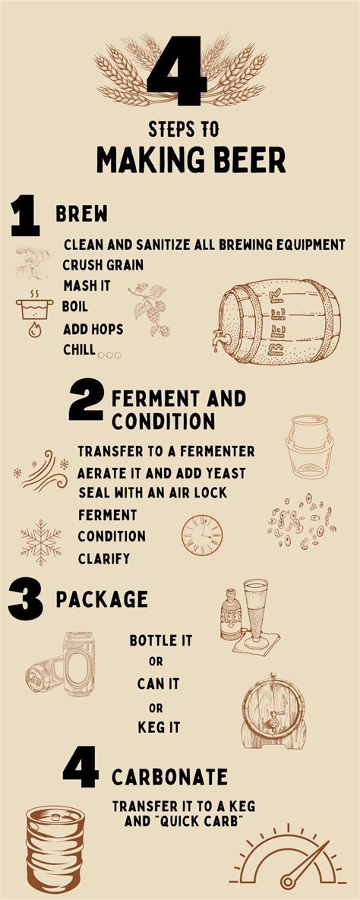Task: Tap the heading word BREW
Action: coord(81,214)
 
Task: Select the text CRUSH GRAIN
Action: coord(103,265)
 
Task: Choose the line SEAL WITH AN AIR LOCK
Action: coord(153,492)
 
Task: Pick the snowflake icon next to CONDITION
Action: coord(40,542)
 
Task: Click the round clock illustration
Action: coord(202,535)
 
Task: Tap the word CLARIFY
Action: coord(104,559)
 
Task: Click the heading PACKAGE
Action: coord(102,599)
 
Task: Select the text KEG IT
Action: coord(159,727)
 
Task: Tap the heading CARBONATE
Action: coord(169,777)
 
